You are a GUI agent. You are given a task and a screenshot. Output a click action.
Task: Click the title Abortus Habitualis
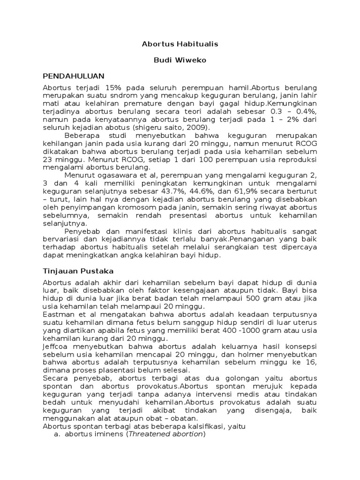(x=180, y=44)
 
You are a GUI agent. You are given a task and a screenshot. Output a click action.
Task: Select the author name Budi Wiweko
(x=180, y=60)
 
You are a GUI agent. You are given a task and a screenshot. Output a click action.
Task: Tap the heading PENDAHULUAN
(x=74, y=75)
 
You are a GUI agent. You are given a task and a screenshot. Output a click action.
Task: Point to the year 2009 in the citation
(x=199, y=127)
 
